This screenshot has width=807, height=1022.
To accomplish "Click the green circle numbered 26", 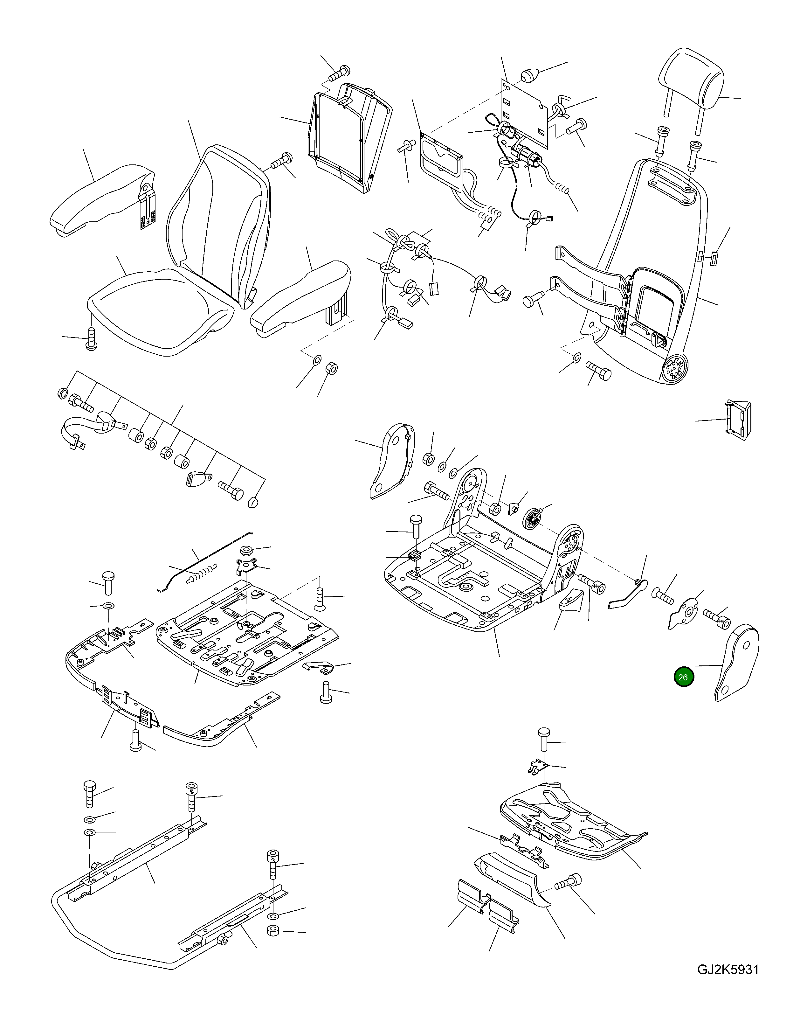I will tap(683, 677).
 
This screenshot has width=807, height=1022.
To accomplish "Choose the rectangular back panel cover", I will tap(350, 137).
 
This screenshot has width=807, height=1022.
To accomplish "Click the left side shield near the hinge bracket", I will tap(390, 461).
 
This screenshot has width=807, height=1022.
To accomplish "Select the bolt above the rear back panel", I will tap(338, 73).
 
